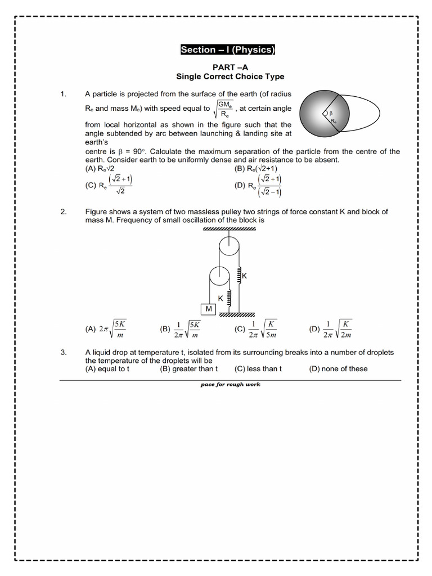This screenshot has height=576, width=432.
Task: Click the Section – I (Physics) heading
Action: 227,50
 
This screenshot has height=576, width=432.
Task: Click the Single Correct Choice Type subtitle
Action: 230,76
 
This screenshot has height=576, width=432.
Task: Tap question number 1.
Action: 64,94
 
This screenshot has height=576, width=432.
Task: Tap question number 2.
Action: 64,211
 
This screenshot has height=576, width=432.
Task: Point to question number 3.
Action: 64,352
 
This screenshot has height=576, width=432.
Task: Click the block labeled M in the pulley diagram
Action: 209,309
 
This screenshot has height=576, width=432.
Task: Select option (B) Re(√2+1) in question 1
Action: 256,168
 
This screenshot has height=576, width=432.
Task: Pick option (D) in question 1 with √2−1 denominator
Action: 258,186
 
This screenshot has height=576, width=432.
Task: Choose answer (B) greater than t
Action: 188,369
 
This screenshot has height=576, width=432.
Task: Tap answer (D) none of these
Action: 338,369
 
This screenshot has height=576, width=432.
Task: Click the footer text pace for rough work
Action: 230,385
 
